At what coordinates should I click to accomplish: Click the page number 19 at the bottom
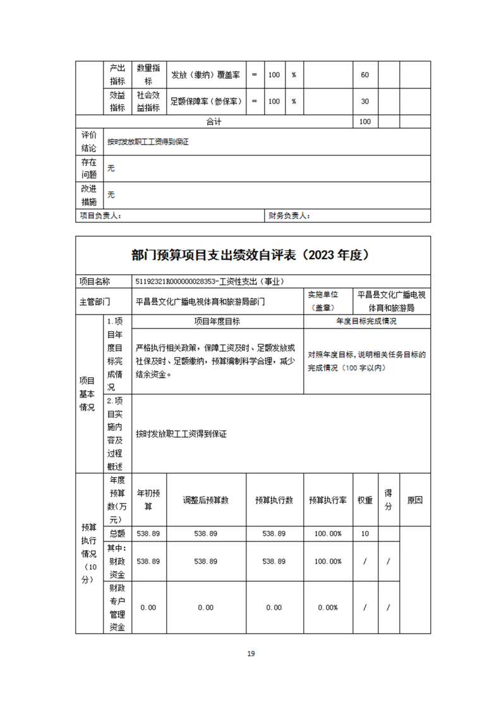251,653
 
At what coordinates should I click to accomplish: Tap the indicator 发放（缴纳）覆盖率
205,75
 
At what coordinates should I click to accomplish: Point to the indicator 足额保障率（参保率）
205,101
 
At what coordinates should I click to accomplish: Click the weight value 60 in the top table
365,75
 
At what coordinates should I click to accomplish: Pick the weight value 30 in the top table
365,101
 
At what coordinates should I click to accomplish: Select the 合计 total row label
214,121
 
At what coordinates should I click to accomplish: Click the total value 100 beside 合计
365,121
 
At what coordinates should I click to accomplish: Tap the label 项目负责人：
100,215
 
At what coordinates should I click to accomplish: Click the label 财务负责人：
289,215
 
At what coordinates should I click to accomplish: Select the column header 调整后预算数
205,500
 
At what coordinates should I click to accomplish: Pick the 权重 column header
365,500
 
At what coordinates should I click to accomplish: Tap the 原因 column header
415,500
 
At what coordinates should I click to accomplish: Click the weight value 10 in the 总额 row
365,534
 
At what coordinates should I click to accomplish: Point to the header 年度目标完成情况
366,322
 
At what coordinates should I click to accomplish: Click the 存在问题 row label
89,168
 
